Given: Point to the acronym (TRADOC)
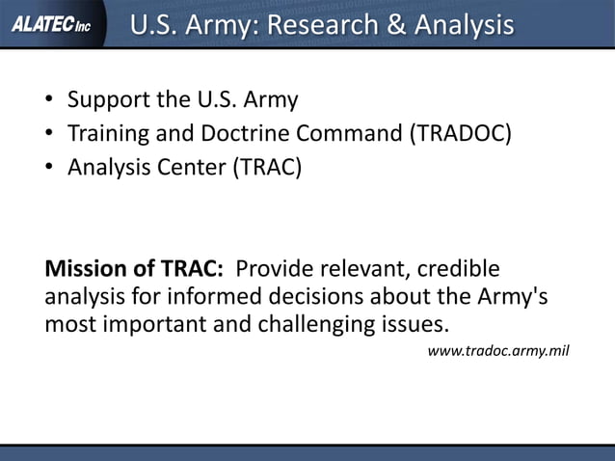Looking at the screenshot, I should click(460, 133).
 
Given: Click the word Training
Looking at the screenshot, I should click(109, 133).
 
